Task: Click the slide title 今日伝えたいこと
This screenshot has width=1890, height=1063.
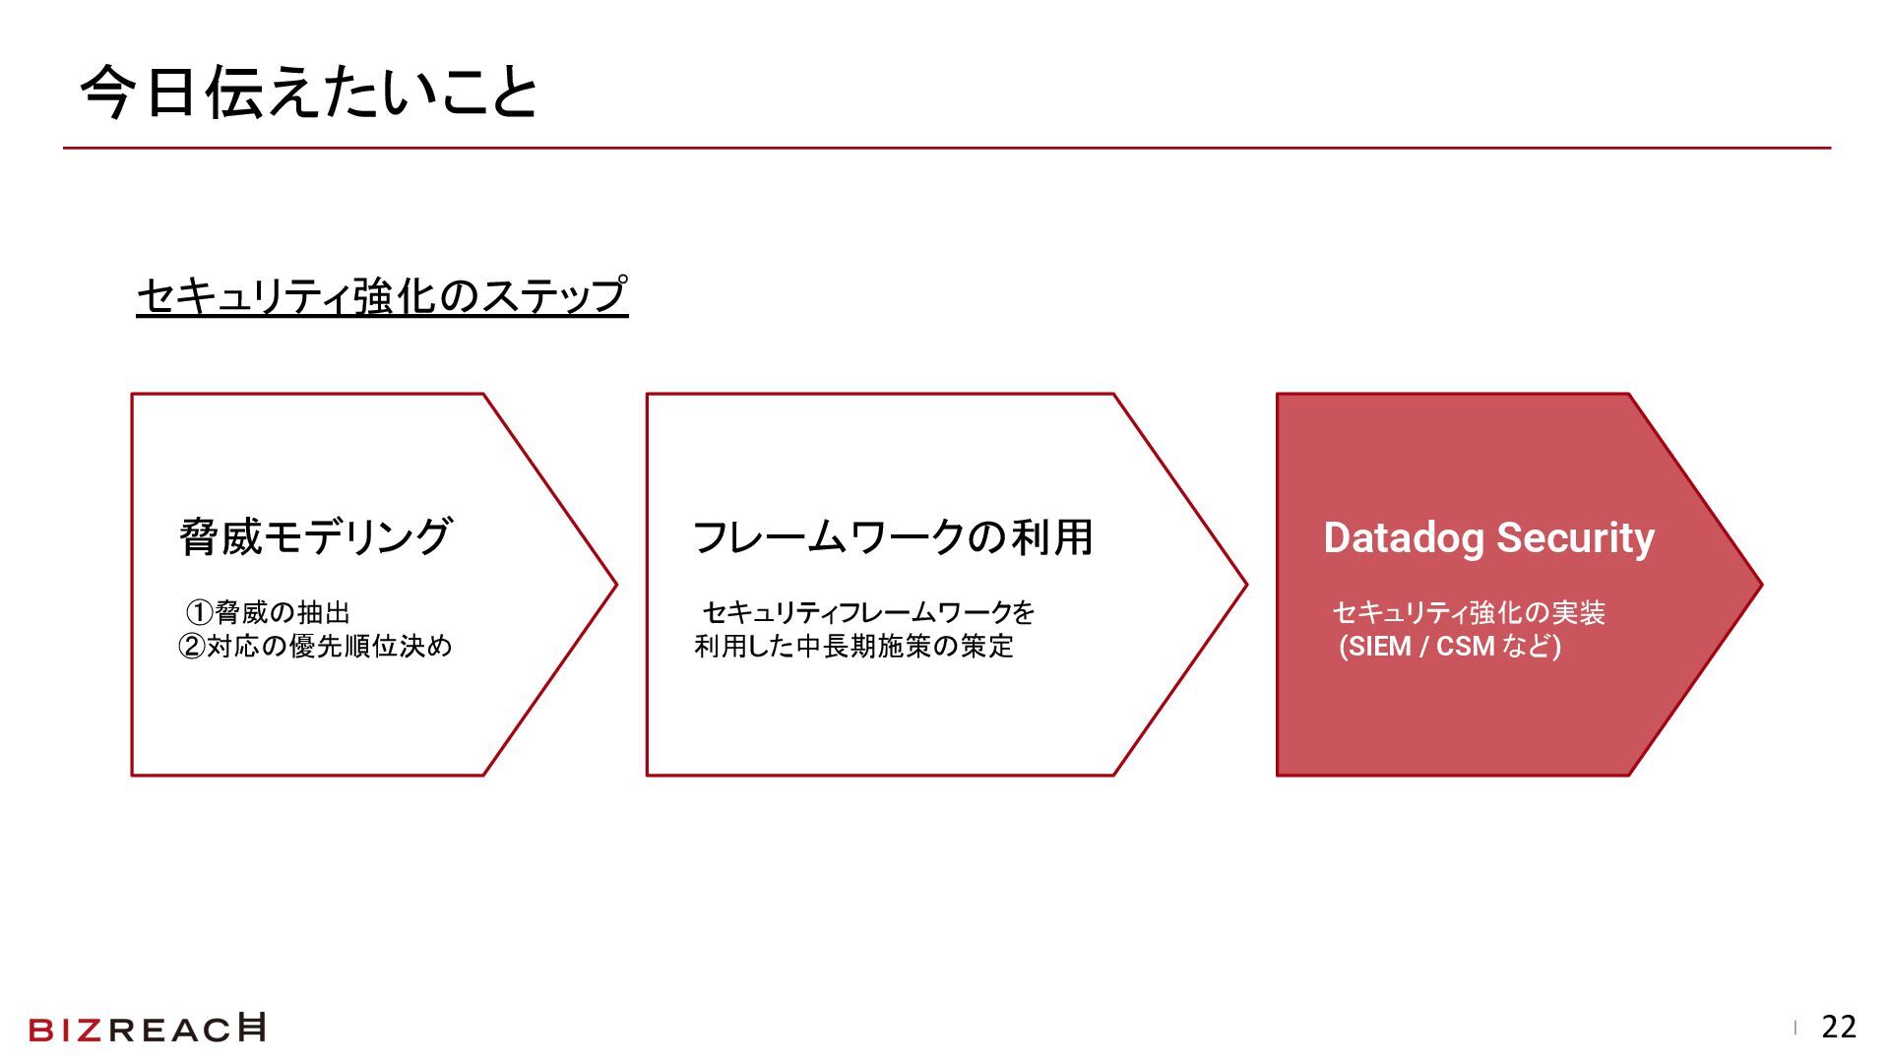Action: pos(309,94)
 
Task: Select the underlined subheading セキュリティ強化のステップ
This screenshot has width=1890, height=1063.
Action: pos(382,295)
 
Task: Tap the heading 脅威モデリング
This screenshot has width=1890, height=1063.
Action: pos(315,537)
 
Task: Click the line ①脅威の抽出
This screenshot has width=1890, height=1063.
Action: pos(268,613)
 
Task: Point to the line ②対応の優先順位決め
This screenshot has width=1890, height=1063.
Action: pos(315,647)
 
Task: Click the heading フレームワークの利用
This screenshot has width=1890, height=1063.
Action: pos(893,537)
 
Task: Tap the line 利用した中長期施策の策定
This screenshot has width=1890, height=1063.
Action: pos(853,647)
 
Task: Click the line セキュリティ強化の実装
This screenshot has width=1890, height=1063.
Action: pos(1469,613)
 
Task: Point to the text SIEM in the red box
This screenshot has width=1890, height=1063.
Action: pos(1380,647)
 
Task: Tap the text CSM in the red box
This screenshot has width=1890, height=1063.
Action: pos(1466,647)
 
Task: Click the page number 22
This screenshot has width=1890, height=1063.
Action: pos(1839,1028)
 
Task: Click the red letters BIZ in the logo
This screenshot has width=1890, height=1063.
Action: pos(66,1030)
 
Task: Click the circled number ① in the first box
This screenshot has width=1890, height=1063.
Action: pos(200,613)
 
